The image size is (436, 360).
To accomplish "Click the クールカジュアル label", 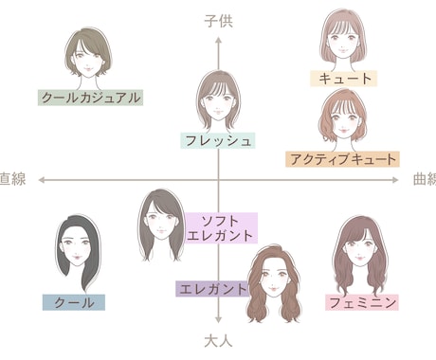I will (x=91, y=97).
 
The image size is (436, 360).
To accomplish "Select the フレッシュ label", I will (x=218, y=140).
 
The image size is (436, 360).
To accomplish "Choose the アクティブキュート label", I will (x=342, y=158).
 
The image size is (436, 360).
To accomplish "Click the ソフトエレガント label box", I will (x=222, y=228).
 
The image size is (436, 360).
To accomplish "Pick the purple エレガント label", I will (x=211, y=289).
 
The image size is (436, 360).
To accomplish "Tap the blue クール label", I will (x=74, y=302).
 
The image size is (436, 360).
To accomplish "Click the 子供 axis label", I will (x=218, y=20).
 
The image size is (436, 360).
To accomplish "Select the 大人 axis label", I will (x=218, y=338).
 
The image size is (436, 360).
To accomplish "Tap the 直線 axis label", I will (x=13, y=178).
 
